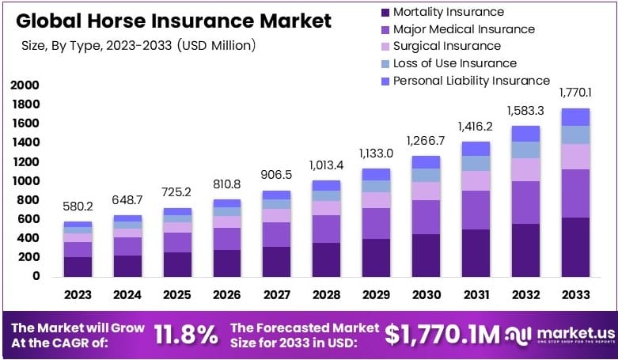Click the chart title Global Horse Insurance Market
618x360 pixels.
[x=173, y=21]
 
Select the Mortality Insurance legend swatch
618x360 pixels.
[x=385, y=12]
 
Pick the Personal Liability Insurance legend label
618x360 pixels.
[x=471, y=81]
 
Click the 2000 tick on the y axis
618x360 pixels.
[x=25, y=85]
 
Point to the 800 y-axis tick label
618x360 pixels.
[x=29, y=200]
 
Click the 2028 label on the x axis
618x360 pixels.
[x=327, y=295]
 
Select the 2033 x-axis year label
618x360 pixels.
[x=575, y=295]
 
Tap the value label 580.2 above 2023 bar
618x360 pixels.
[x=78, y=207]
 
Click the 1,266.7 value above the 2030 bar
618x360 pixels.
[x=426, y=141]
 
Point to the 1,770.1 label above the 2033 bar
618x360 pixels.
[x=575, y=93]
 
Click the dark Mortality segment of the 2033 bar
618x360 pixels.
[x=575, y=246]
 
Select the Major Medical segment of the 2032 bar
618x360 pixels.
[x=525, y=203]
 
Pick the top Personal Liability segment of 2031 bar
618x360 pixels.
[x=476, y=149]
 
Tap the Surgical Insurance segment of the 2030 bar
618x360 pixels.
[x=426, y=191]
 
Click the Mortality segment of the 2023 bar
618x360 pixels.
[x=78, y=267]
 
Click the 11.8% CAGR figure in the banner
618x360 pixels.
[x=185, y=335]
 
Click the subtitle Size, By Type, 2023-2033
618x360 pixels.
[x=138, y=46]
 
